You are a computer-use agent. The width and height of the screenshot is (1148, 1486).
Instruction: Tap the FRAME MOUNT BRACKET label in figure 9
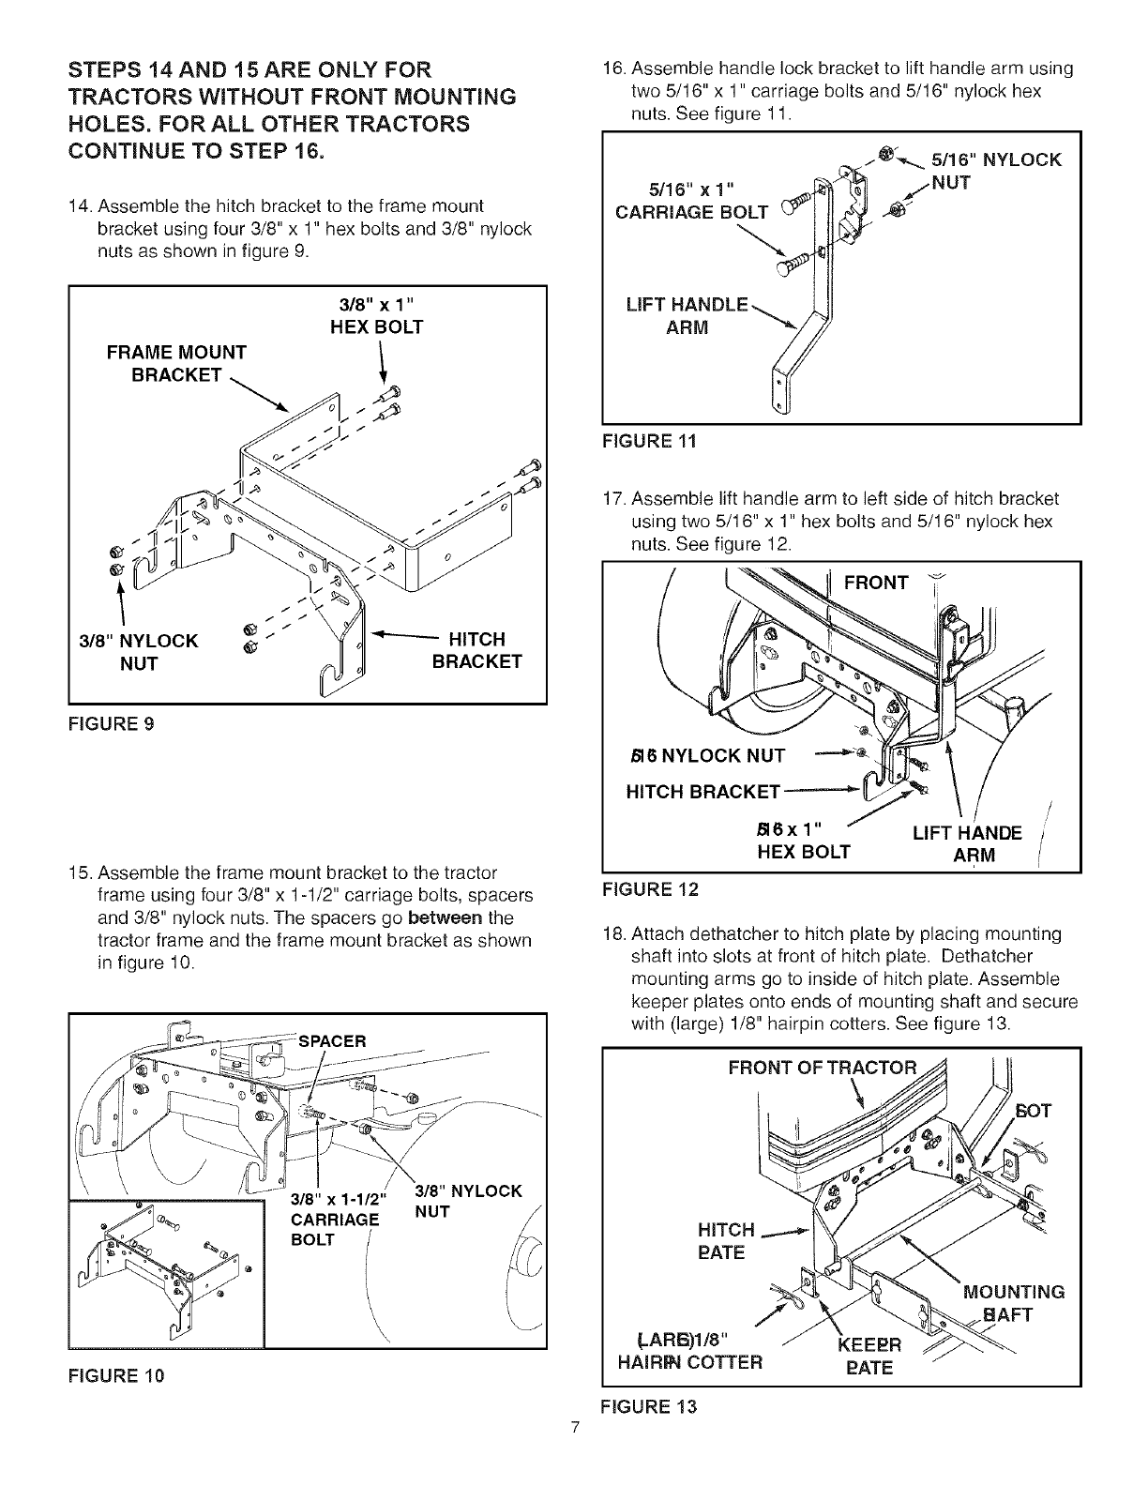coord(175,364)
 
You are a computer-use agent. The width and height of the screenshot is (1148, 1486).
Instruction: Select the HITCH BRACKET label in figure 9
coord(476,651)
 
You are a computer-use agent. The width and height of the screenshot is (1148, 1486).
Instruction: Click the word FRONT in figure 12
coord(876,584)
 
